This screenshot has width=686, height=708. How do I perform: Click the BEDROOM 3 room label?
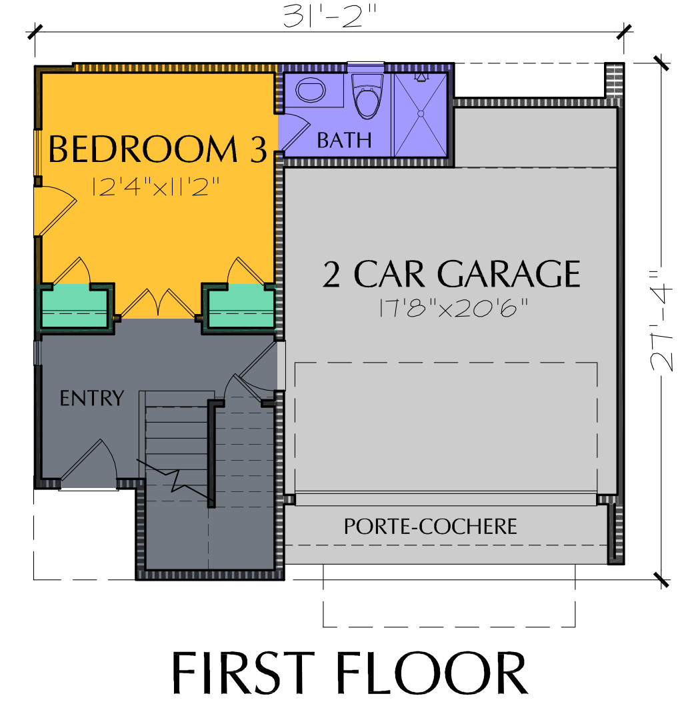(157, 149)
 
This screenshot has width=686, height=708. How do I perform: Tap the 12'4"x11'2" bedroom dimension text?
(155, 187)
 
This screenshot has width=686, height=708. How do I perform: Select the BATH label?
(344, 140)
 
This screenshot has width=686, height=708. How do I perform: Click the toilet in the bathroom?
(367, 95)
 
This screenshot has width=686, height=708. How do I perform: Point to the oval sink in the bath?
(311, 90)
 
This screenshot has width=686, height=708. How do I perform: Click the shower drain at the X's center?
(421, 114)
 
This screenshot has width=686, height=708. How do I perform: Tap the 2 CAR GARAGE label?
(451, 273)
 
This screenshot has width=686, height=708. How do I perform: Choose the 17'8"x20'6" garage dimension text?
(453, 308)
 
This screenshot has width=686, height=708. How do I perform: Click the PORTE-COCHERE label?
(431, 527)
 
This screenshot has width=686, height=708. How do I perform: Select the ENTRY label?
(92, 398)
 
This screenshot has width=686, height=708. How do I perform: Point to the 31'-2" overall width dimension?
(330, 17)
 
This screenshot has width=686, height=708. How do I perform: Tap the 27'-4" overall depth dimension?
(661, 321)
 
